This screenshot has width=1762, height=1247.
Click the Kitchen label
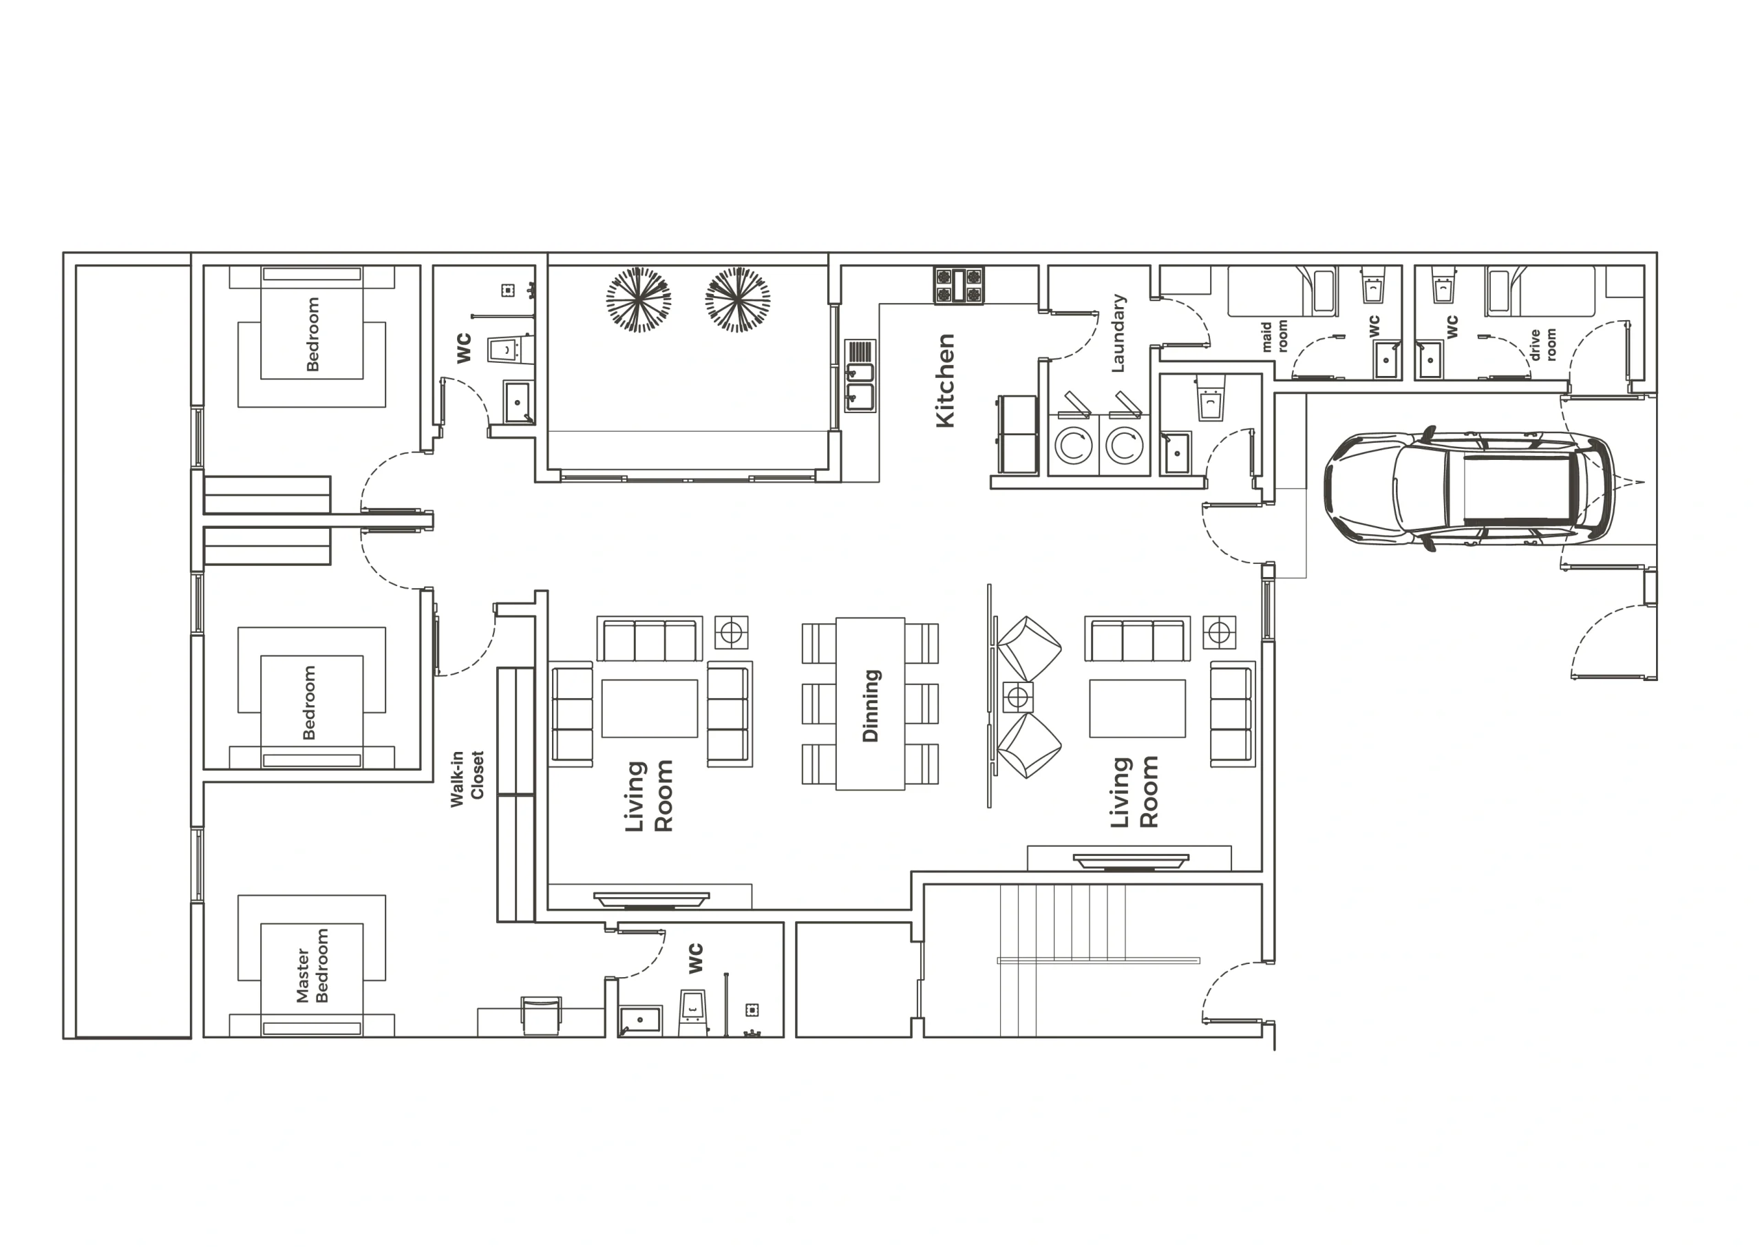(x=946, y=380)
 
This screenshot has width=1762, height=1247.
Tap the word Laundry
(x=1118, y=333)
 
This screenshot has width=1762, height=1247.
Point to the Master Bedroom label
(x=312, y=965)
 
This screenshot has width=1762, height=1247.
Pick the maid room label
(x=1274, y=336)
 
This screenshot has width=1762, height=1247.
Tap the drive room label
(x=1542, y=344)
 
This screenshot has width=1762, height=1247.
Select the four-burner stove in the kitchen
(x=959, y=285)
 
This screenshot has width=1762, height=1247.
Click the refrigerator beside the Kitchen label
(x=1017, y=434)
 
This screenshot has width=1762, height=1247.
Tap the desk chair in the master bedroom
(x=541, y=1015)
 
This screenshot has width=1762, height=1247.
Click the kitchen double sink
(x=860, y=376)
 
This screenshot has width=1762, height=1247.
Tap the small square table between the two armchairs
(x=1017, y=698)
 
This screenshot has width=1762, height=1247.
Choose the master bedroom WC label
(x=696, y=959)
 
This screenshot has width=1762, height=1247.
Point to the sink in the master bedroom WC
(x=640, y=1020)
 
